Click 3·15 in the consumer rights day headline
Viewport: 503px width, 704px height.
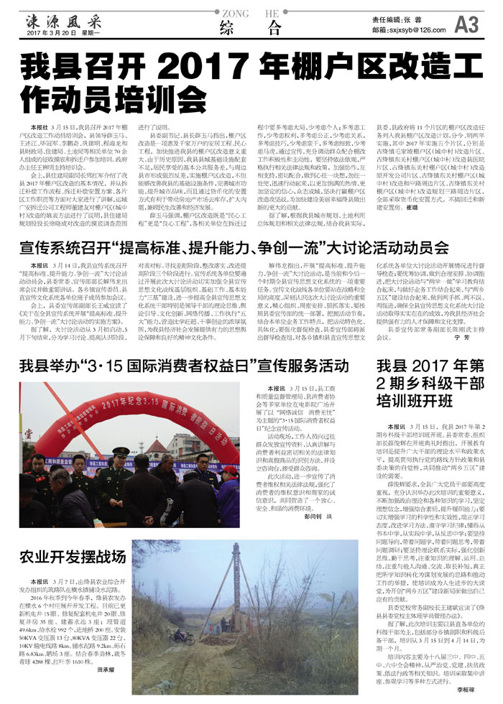point(101,362)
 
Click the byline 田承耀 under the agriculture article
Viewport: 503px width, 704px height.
point(106,669)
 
